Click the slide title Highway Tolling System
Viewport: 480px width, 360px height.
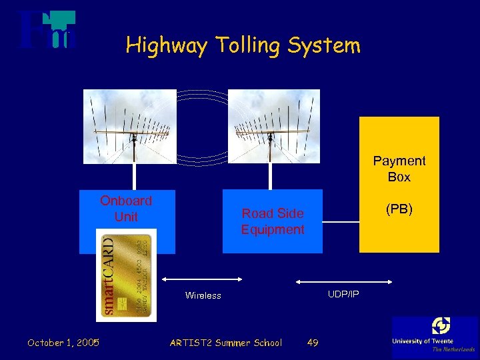pos(243,45)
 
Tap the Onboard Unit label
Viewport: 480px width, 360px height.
pos(126,208)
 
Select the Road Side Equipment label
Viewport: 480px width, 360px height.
pos(272,221)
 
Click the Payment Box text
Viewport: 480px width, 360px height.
pos(399,169)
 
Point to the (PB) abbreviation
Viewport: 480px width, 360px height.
pos(399,209)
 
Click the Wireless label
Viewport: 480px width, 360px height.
pos(203,295)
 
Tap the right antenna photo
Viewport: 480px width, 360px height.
pos(273,126)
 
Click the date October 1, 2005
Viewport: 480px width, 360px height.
pos(63,343)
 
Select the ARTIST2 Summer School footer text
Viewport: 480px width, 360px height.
pos(225,343)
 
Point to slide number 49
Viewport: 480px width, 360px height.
pos(312,343)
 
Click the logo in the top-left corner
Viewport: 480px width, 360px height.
pos(47,30)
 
